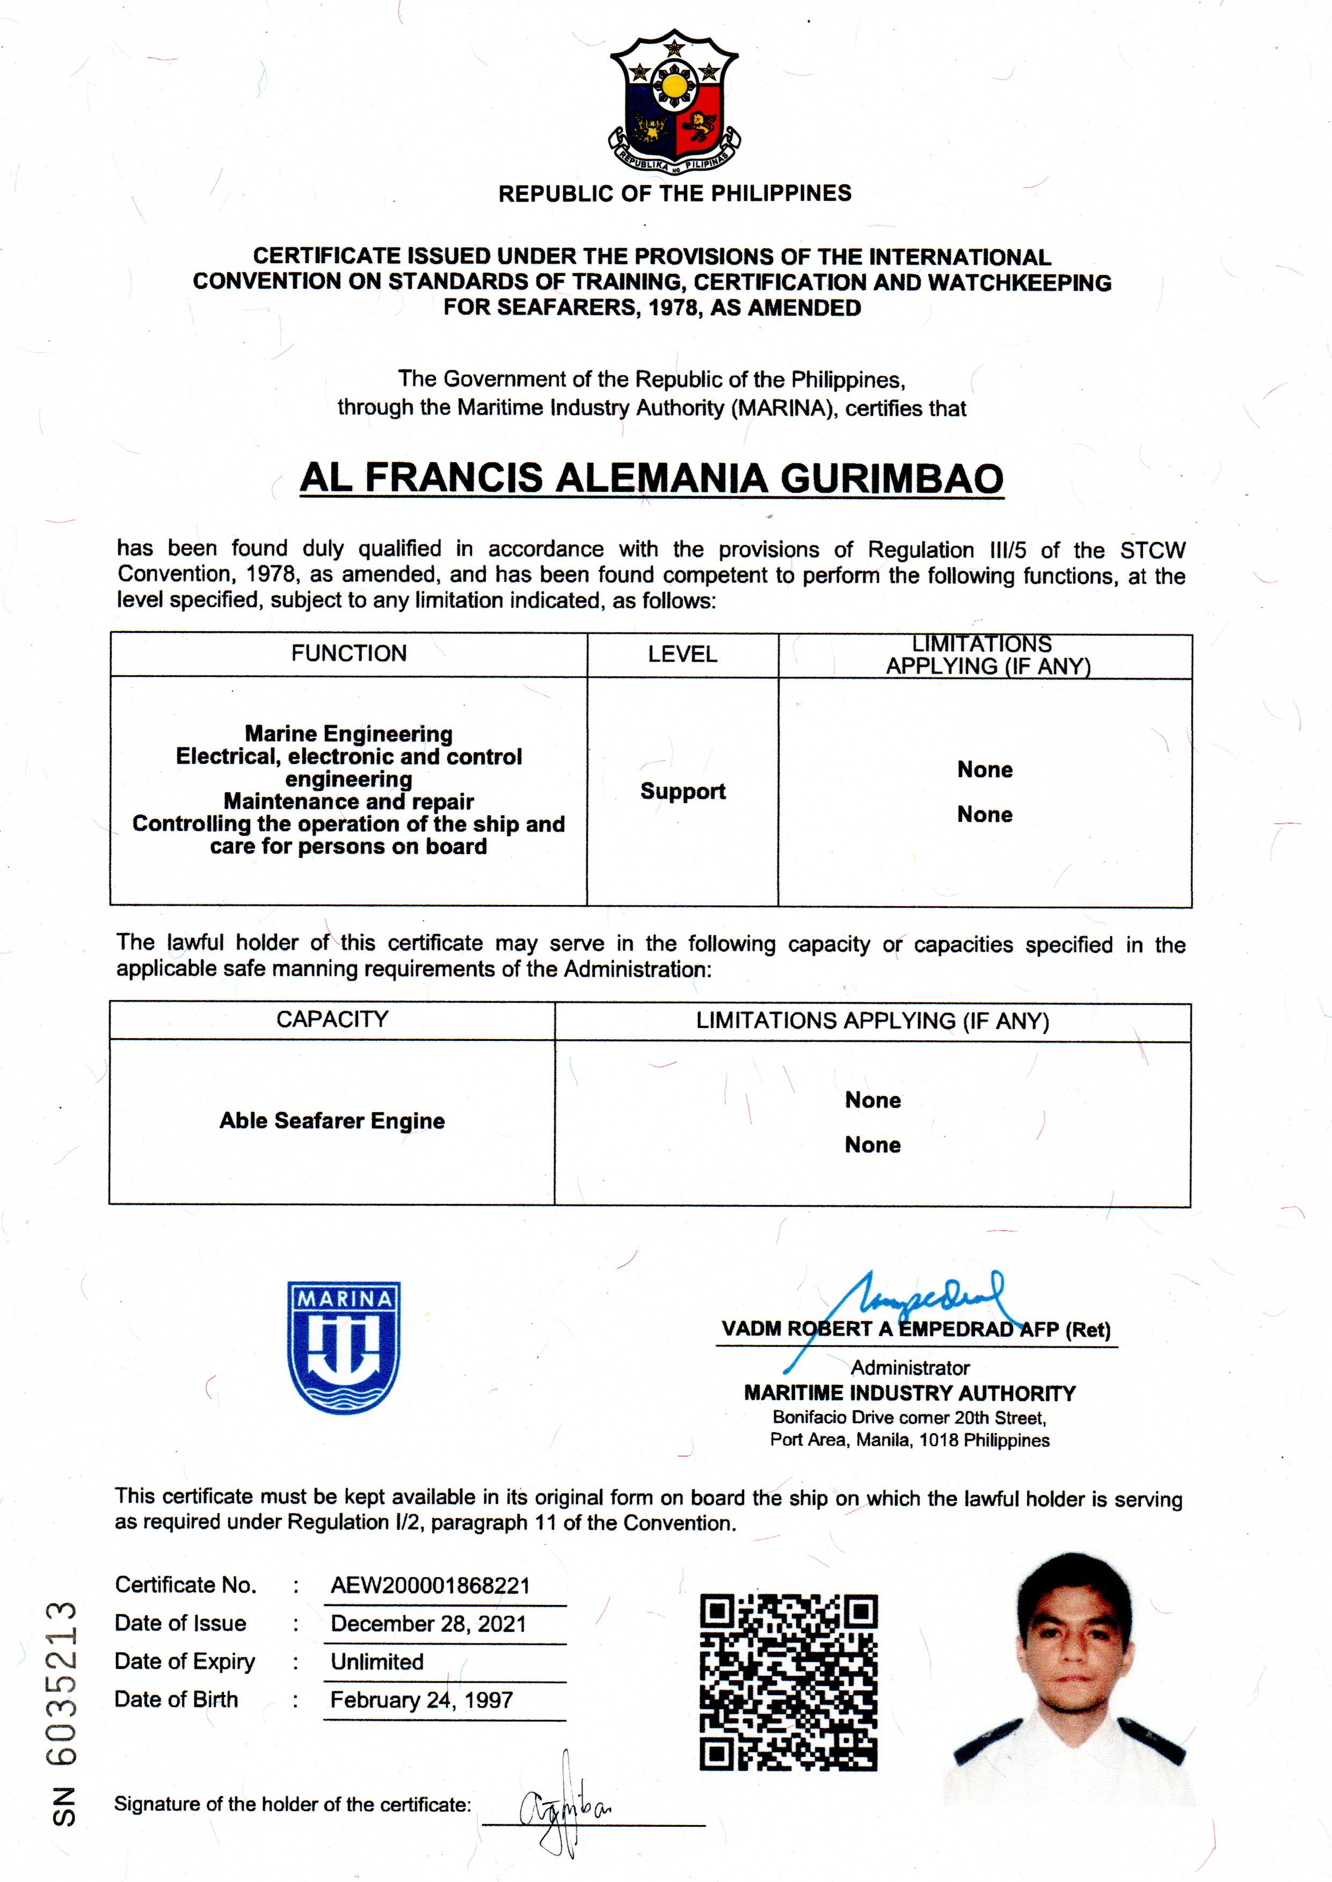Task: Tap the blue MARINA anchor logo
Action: click(344, 1346)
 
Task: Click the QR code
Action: click(788, 1682)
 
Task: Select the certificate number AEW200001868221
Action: click(430, 1585)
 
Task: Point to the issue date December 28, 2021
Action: click(428, 1624)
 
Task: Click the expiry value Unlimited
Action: click(377, 1661)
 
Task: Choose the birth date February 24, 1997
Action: click(421, 1700)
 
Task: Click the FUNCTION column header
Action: click(348, 654)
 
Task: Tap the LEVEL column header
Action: click(682, 654)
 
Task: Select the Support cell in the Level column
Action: click(682, 791)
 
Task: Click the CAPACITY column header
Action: click(332, 1019)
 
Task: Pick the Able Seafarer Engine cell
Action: click(332, 1121)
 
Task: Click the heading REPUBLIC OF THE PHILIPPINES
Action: click(674, 194)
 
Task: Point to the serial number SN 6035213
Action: click(64, 1714)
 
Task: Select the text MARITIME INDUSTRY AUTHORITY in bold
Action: click(909, 1394)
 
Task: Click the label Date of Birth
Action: click(176, 1699)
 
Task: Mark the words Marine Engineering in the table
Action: click(348, 733)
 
